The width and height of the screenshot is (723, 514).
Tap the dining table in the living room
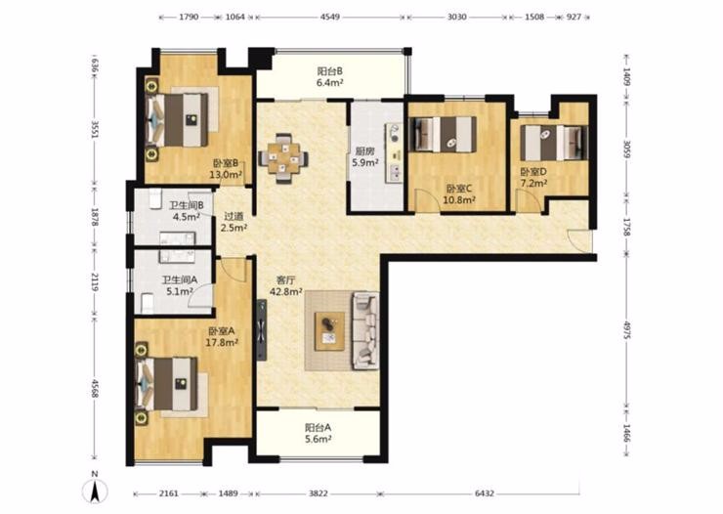[283, 158]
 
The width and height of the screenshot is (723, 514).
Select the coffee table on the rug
[329, 330]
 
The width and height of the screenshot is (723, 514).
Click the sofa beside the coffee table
[365, 330]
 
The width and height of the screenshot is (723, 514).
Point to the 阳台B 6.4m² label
[329, 77]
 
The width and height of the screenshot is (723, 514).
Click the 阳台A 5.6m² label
[319, 433]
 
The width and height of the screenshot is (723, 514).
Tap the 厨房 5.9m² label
[365, 156]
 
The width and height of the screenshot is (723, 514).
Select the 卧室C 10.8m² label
[459, 194]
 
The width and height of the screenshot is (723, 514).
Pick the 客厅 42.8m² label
[286, 285]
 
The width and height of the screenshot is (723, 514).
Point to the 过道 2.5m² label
[234, 221]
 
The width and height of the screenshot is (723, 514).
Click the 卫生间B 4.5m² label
[187, 211]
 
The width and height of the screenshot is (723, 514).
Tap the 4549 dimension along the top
[330, 17]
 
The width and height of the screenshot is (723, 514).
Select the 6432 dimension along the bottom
[485, 493]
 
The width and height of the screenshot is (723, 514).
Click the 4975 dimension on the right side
[626, 330]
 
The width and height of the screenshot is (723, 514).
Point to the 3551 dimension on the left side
[95, 130]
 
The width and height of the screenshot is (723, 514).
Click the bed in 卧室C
[444, 134]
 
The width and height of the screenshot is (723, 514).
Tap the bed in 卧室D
[554, 143]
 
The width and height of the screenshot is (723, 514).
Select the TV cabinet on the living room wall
[262, 330]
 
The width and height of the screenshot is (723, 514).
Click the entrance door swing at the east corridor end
[579, 240]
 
